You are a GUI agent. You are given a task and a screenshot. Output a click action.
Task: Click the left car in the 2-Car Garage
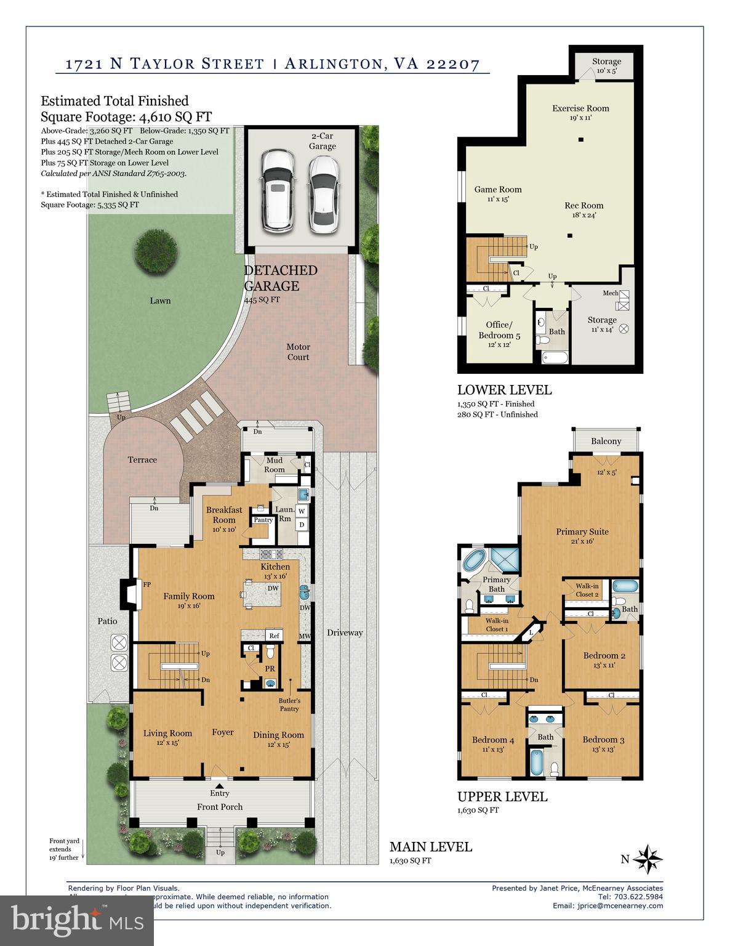point(278,191)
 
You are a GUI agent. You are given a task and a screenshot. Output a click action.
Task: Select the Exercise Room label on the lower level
point(580,108)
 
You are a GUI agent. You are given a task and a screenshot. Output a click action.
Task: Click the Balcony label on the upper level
point(606,441)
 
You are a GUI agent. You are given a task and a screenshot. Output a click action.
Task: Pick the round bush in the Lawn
point(150,249)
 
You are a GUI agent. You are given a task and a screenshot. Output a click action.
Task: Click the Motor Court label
point(298,352)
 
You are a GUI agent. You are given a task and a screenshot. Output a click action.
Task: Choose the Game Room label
point(497,190)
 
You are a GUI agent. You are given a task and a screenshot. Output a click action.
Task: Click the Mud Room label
point(274,465)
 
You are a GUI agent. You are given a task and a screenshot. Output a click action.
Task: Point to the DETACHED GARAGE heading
point(281,278)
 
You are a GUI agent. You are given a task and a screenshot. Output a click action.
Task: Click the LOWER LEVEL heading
point(504,390)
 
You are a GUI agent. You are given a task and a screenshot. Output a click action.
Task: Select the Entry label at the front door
point(219,793)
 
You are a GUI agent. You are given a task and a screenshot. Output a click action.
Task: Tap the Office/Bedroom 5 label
point(499,329)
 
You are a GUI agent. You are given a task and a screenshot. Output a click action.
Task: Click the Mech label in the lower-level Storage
point(610,293)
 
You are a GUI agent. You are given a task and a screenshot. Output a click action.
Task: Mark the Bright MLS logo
point(77,920)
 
